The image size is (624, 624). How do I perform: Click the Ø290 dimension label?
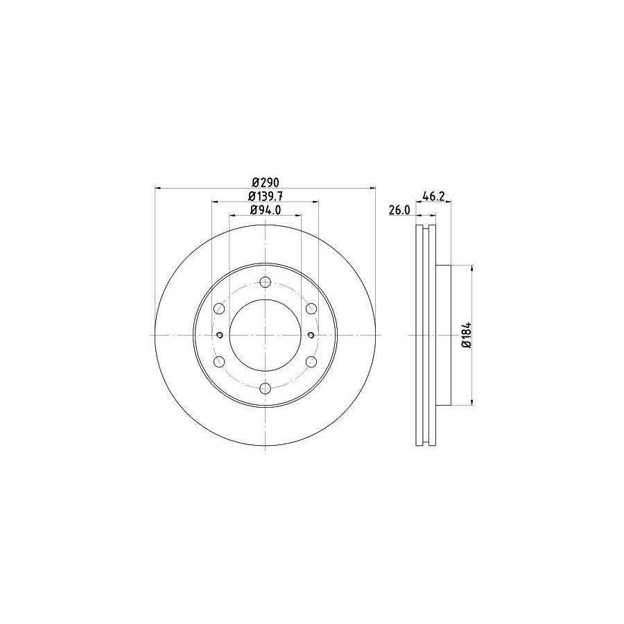click(266, 182)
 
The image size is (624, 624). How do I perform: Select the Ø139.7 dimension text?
click(266, 196)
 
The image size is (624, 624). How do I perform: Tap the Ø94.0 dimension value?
click(266, 209)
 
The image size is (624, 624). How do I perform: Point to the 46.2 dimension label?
click(433, 196)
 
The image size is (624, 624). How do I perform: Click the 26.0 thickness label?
click(399, 210)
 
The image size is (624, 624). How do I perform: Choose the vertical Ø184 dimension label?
click(467, 335)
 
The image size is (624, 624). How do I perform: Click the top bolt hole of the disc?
click(265, 282)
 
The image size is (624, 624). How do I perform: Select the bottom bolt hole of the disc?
click(265, 388)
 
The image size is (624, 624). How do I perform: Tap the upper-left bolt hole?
click(219, 309)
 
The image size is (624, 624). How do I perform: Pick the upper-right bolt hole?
click(311, 309)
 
